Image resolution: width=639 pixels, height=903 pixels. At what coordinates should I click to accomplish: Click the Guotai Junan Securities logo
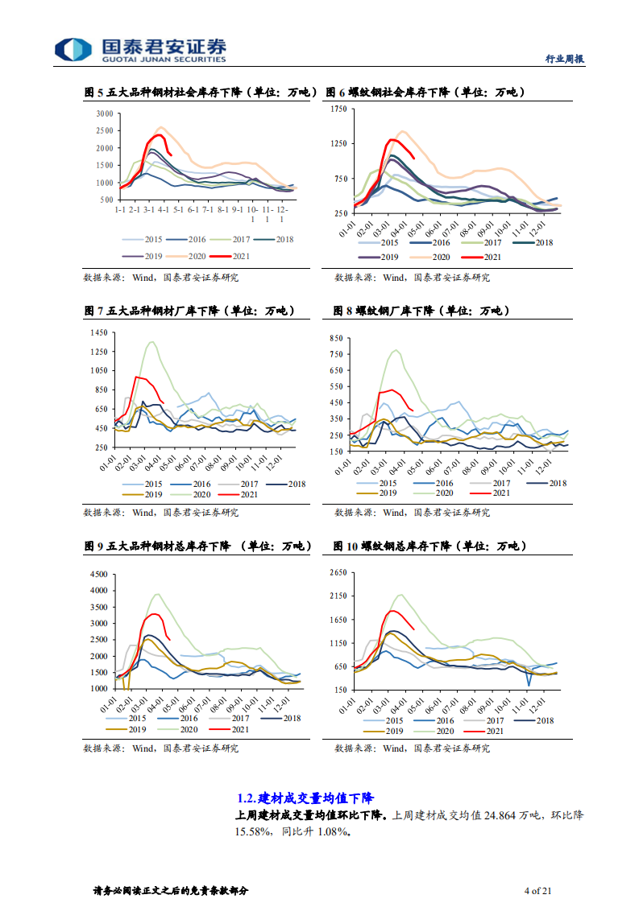pyautogui.click(x=140, y=49)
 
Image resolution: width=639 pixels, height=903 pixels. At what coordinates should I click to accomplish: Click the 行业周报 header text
pyautogui.click(x=564, y=59)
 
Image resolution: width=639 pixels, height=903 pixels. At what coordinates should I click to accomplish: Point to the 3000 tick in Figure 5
pyautogui.click(x=104, y=113)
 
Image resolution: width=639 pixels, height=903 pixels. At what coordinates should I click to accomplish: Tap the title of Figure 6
pyautogui.click(x=425, y=93)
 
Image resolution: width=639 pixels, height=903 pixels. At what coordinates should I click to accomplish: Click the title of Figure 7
pyautogui.click(x=189, y=311)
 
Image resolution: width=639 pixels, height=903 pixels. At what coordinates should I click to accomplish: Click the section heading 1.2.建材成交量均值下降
pyautogui.click(x=305, y=798)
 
